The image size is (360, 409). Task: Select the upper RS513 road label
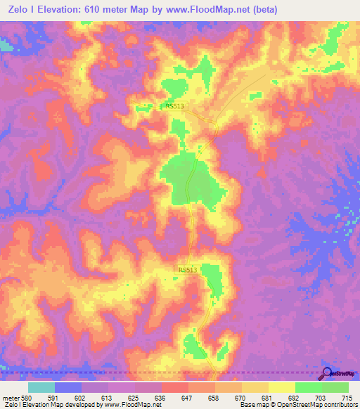click(175, 107)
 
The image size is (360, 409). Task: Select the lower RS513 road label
click(188, 269)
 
